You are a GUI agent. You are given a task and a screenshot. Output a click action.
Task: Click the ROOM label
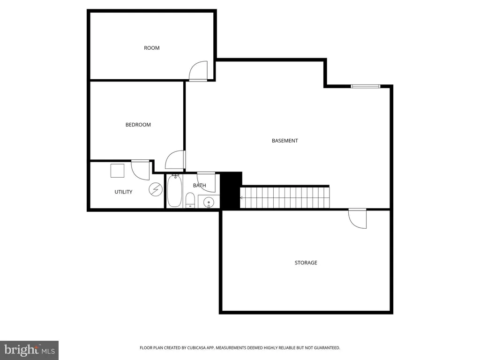tap(151, 48)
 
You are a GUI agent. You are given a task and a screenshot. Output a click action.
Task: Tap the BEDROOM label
tap(138, 125)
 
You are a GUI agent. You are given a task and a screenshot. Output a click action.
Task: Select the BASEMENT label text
tap(285, 141)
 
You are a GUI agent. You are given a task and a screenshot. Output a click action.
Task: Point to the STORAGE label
tap(306, 262)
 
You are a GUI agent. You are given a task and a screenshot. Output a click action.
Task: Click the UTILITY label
tap(123, 192)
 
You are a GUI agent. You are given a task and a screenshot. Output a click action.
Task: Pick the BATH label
tap(199, 186)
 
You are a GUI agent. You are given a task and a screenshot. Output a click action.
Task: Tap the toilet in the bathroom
tap(190, 200)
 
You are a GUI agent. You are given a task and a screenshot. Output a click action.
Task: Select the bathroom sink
tap(209, 202)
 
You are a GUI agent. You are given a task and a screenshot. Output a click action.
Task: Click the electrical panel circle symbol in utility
tap(156, 189)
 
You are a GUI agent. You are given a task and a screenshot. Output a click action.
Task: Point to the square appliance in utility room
tap(117, 171)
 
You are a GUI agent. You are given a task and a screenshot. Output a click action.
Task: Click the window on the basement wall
tap(366, 86)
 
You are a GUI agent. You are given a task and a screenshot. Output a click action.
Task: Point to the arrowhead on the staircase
tap(241, 198)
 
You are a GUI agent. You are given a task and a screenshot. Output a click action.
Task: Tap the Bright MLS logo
tap(30, 350)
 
